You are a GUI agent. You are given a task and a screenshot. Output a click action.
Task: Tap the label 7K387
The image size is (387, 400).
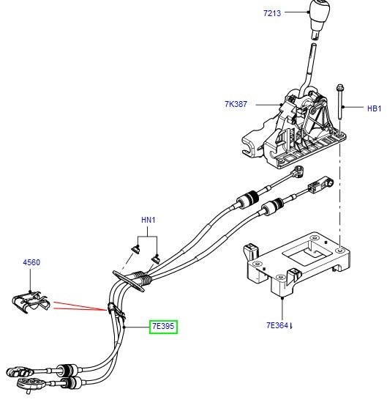pyautogui.click(x=236, y=105)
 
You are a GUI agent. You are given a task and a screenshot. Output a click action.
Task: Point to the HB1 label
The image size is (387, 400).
pyautogui.click(x=374, y=108)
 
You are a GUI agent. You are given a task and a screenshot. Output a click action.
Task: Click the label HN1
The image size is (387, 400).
pyautogui.click(x=149, y=220)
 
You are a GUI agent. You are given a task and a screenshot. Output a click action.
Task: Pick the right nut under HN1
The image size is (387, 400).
pyautogui.click(x=156, y=256)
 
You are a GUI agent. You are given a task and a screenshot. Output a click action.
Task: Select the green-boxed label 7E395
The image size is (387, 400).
pyautogui.click(x=163, y=326)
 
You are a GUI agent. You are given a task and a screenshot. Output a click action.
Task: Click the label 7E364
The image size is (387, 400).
pyautogui.click(x=279, y=325)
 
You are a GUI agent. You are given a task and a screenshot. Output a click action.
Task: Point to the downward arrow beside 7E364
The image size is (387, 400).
pyautogui.click(x=294, y=324)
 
